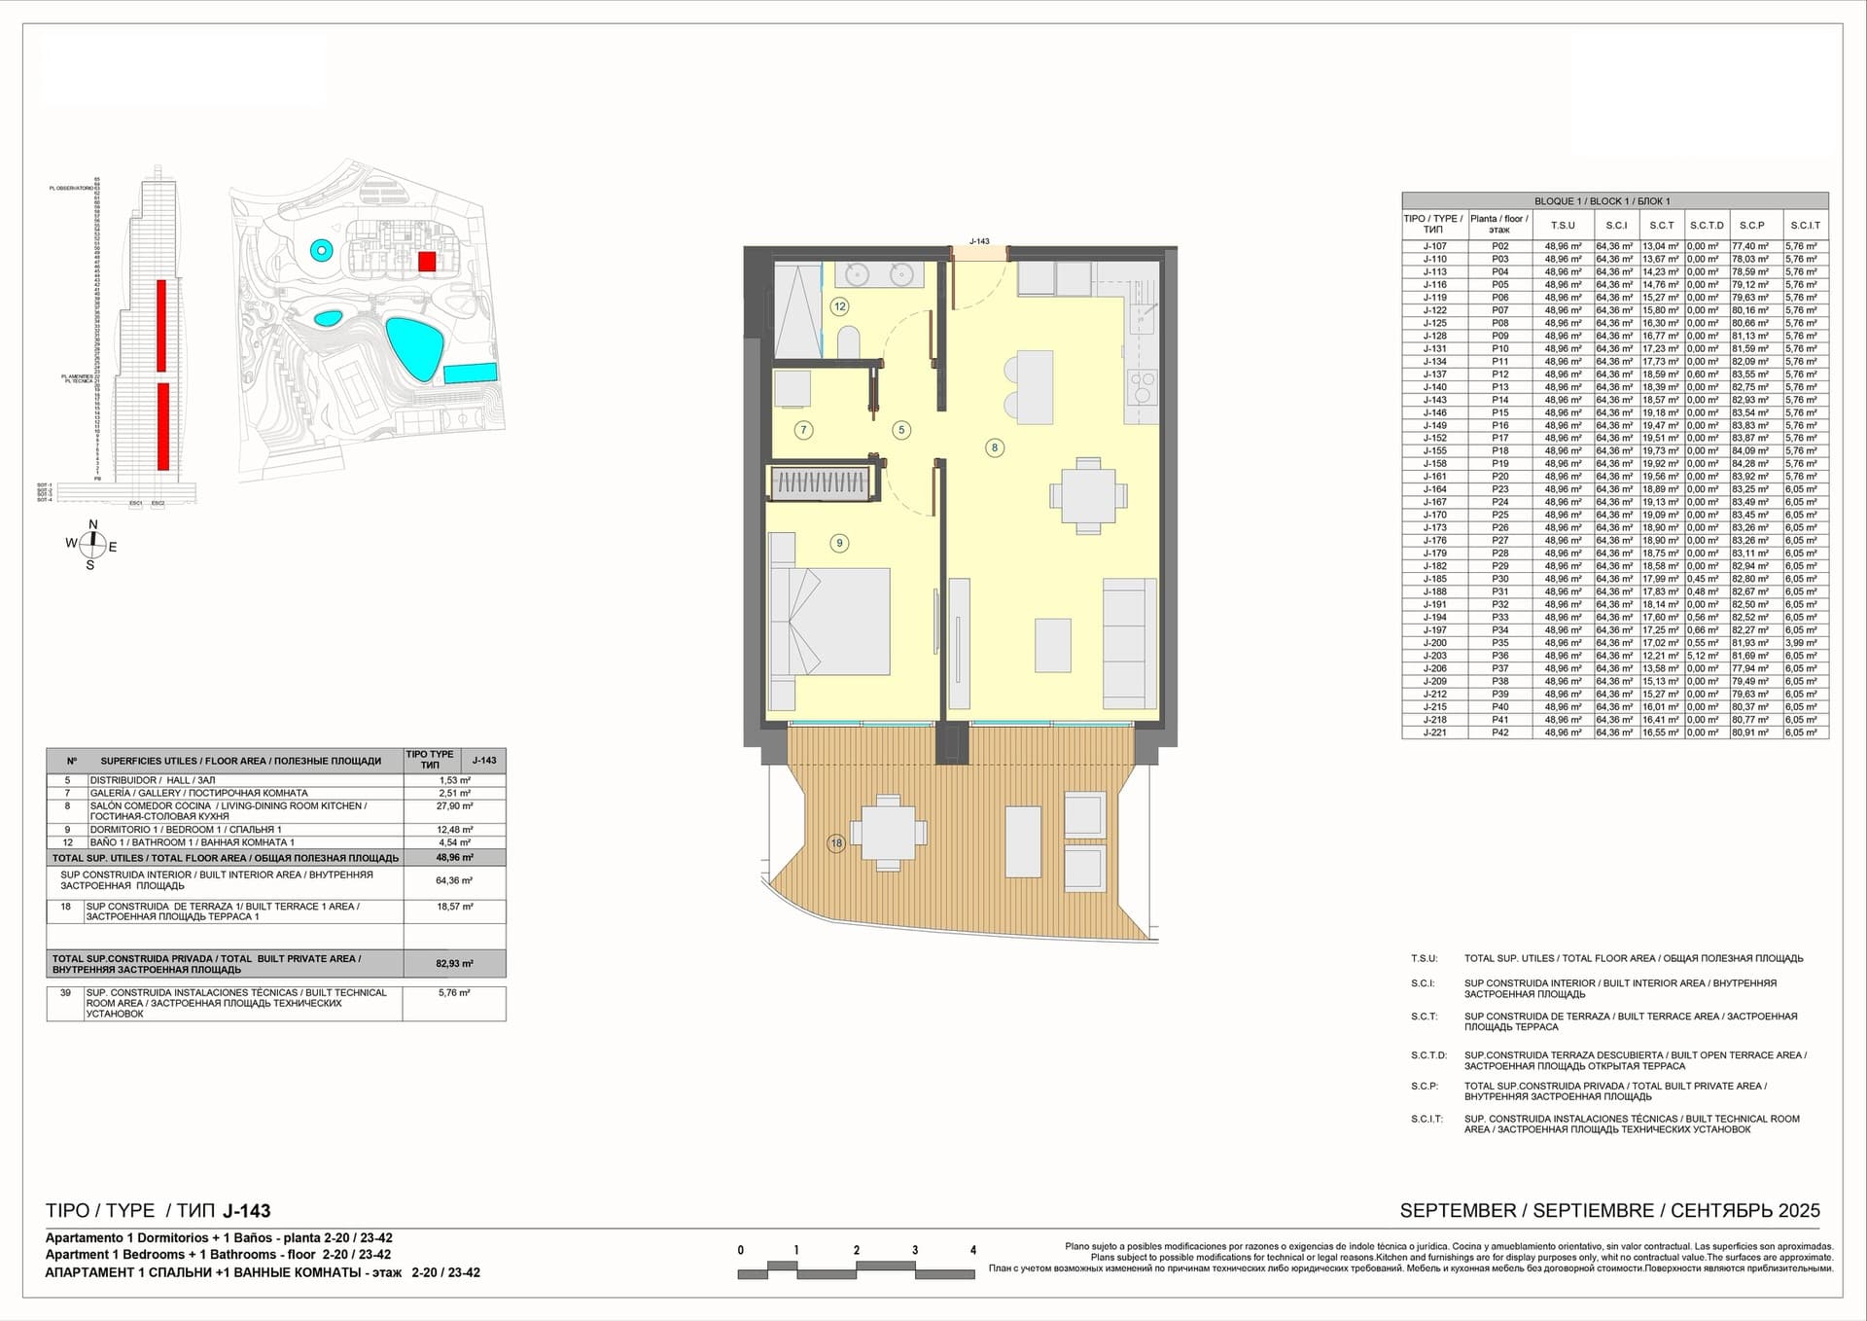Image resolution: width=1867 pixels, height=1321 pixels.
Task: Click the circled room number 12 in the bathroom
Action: [x=839, y=306]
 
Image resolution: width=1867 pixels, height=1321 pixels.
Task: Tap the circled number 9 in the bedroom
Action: [x=839, y=543]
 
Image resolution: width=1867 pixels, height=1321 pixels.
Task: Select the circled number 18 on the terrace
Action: [x=836, y=843]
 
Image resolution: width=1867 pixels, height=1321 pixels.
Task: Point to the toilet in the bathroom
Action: [x=848, y=342]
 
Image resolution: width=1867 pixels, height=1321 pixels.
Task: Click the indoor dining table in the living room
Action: [x=1088, y=496]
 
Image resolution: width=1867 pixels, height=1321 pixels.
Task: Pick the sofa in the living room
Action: [x=1129, y=643]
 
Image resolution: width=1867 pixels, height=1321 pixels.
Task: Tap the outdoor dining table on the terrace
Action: [x=886, y=833]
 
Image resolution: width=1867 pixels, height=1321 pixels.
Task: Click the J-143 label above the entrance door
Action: [x=979, y=241]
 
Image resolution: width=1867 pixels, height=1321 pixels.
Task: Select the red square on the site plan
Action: [x=427, y=261]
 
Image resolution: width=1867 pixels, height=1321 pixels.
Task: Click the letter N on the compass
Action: [x=93, y=525]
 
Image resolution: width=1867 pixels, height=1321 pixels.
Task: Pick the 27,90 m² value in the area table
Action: [x=454, y=806]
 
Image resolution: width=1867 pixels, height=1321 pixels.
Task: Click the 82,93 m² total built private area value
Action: [x=454, y=963]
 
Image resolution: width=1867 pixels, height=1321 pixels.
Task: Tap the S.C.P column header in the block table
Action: [x=1751, y=225]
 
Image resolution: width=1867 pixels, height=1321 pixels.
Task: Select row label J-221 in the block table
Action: [x=1434, y=732]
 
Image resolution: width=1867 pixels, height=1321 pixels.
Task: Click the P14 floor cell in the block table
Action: [x=1500, y=400]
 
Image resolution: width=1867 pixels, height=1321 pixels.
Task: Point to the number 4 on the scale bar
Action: [x=972, y=1250]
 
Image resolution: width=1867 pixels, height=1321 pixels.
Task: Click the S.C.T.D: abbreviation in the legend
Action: [x=1428, y=1054]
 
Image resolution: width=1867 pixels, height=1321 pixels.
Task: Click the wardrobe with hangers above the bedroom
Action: [x=819, y=482]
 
